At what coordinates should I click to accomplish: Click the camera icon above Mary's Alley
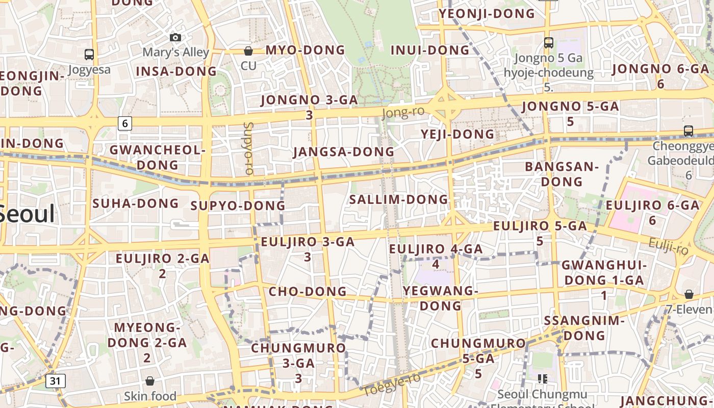[175, 37]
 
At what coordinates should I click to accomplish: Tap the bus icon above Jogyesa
[89, 54]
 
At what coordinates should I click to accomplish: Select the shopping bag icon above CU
[248, 51]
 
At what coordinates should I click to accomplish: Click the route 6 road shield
[125, 123]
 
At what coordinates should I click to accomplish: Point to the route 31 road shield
[55, 380]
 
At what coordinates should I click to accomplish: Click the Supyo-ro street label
[248, 148]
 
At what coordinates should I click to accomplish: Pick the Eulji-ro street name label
[669, 247]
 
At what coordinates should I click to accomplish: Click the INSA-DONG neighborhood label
[176, 71]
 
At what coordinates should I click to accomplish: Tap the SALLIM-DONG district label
[398, 199]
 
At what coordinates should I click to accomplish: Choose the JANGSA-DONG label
[344, 152]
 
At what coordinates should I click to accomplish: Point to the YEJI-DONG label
[457, 134]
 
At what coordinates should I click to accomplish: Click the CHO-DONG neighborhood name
[308, 292]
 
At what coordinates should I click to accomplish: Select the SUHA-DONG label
[136, 203]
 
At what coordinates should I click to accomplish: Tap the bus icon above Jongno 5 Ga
[549, 43]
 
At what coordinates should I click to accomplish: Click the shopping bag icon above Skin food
[150, 381]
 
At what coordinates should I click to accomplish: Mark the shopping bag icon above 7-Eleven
[689, 294]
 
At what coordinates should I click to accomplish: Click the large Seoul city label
[27, 213]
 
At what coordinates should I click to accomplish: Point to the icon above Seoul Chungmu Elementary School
[543, 378]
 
